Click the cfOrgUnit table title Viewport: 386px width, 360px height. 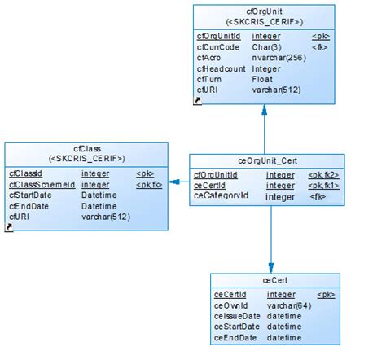pos(264,11)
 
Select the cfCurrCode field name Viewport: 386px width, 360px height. pos(217,47)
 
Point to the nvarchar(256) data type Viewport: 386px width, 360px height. pos(279,58)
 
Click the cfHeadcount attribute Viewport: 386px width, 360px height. pos(221,68)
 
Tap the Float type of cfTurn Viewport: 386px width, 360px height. pos(262,79)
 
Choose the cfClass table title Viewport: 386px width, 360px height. pos(86,148)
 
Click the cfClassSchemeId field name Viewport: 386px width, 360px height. pos(42,185)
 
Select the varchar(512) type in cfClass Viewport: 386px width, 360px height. pos(106,217)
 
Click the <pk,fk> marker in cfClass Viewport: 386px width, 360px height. pos(149,185)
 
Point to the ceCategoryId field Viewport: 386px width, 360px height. pos(221,196)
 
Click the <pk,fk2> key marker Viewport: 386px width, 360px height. pos(323,174)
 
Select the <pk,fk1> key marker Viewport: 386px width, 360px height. pos(323,186)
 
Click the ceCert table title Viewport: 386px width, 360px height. pos(271,280)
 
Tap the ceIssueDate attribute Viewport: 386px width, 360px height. pos(237,315)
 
